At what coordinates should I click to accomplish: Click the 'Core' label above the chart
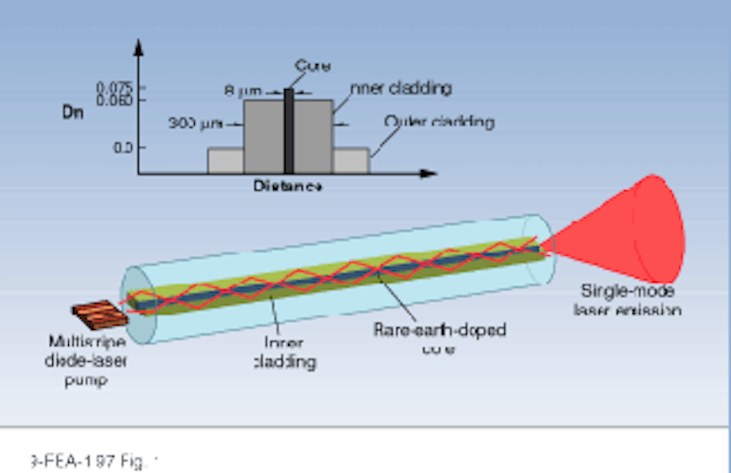pyautogui.click(x=312, y=66)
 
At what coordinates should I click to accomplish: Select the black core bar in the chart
pyautogui.click(x=289, y=130)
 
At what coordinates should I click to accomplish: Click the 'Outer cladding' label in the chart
pyautogui.click(x=438, y=121)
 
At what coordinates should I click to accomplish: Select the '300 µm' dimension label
pyautogui.click(x=192, y=124)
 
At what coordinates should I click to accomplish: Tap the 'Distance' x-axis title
pyautogui.click(x=287, y=186)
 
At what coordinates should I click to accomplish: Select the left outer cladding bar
pyautogui.click(x=225, y=161)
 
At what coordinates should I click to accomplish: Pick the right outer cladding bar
pyautogui.click(x=351, y=161)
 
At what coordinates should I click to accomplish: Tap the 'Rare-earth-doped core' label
pyautogui.click(x=439, y=337)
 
